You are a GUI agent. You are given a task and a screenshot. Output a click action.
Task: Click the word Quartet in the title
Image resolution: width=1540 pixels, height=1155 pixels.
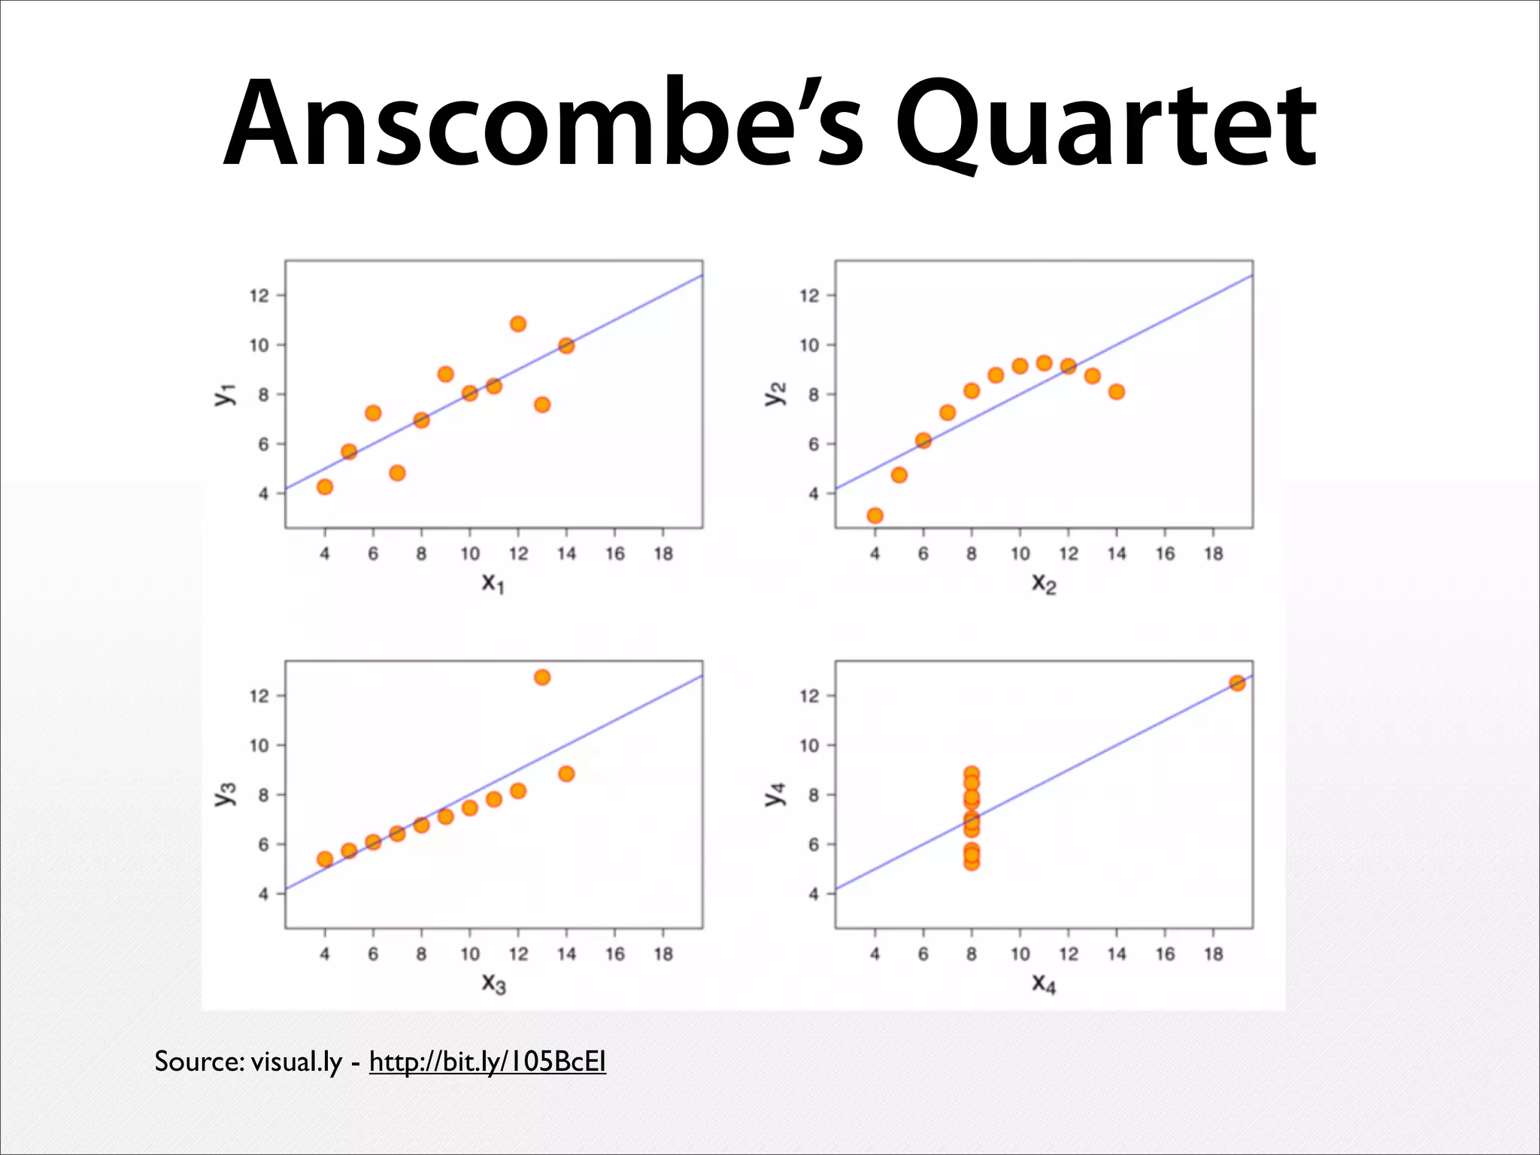point(1105,124)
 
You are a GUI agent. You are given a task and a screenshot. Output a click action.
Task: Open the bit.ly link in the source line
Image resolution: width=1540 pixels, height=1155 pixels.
point(487,1062)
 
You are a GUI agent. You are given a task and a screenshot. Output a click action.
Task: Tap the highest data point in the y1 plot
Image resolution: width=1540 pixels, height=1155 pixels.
point(518,324)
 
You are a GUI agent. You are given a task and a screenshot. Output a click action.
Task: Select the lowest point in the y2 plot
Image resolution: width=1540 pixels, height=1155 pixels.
point(875,516)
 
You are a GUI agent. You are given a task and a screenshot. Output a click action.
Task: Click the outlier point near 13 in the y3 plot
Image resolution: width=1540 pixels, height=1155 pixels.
point(542,678)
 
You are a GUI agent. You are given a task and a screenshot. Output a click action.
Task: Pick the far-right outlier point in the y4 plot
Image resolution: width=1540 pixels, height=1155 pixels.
point(1237,683)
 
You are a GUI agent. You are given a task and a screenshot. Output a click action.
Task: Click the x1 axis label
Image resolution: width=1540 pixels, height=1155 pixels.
point(493,583)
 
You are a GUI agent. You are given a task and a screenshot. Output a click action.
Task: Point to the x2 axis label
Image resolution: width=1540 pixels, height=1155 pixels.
point(1044,583)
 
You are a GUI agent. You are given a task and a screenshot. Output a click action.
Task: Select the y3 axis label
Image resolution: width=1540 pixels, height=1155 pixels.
point(226,794)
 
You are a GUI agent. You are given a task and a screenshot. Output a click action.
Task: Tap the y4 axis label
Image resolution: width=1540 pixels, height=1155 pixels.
point(775,794)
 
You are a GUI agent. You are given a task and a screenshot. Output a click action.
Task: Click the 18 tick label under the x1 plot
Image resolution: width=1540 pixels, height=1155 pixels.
point(663,554)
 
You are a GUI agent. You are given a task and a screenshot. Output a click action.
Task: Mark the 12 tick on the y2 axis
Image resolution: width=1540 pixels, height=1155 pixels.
point(809,296)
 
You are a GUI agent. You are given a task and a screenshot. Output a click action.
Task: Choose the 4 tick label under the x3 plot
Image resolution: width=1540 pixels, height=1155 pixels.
point(325,954)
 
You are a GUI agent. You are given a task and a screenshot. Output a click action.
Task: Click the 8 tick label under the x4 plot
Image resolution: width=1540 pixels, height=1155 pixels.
point(972,954)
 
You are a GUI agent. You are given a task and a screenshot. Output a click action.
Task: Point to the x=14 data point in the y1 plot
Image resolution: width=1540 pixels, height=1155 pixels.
point(566,346)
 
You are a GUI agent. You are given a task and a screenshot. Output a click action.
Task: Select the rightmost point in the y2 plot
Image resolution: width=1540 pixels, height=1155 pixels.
point(1117,392)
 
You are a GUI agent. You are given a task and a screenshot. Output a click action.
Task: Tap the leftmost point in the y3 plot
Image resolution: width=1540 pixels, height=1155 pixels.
point(325,859)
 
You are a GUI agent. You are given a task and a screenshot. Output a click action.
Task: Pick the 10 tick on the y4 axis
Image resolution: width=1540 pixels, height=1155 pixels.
point(809,745)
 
